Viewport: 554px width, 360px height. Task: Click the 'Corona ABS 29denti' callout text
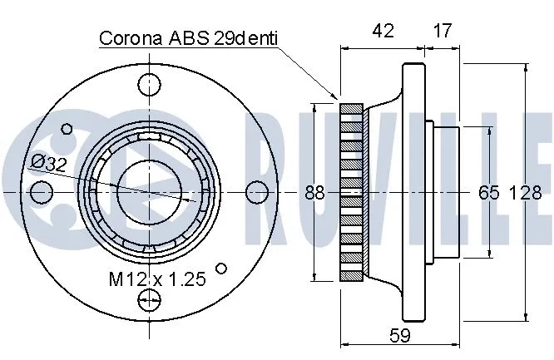(x=188, y=38)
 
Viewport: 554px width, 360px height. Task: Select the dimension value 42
(x=383, y=32)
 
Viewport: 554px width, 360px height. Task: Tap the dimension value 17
(x=442, y=32)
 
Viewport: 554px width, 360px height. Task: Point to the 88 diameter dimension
(x=314, y=193)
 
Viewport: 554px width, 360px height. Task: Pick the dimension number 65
(x=488, y=193)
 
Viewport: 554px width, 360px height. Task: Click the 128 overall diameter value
(x=524, y=193)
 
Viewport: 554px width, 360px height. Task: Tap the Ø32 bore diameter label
(x=48, y=164)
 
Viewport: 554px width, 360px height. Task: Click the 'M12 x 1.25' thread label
(x=157, y=280)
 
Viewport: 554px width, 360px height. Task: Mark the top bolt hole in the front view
(x=151, y=83)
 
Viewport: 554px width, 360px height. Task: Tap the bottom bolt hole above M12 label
(x=151, y=301)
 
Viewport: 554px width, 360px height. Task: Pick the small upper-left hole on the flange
(x=67, y=128)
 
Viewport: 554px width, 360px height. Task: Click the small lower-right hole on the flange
(x=221, y=268)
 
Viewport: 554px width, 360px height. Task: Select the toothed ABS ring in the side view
(x=353, y=192)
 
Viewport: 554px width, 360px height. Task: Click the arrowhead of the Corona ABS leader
(x=338, y=98)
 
